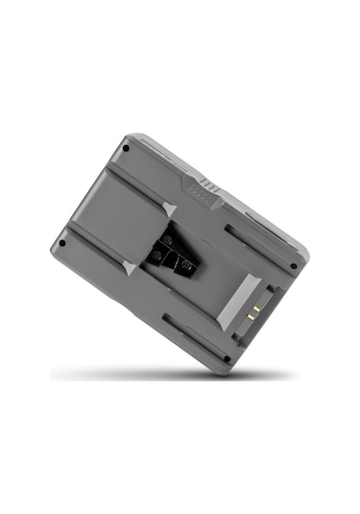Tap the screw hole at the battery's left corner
(62, 243)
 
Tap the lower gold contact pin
(251, 317)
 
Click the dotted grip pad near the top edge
(197, 190)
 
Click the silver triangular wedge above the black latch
(170, 209)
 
